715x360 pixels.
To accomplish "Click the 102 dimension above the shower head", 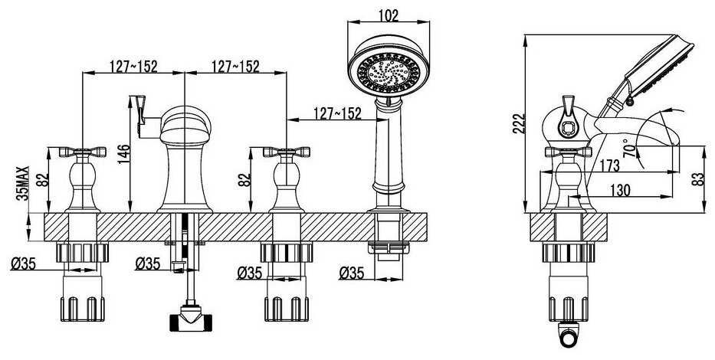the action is (x=389, y=15).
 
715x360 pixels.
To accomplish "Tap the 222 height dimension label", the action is (x=519, y=123).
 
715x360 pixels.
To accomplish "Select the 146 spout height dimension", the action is (x=123, y=155).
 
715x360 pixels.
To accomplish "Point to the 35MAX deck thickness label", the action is (x=23, y=183).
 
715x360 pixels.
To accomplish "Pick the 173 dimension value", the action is (x=609, y=165).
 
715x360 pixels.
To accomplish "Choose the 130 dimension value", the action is (x=620, y=189).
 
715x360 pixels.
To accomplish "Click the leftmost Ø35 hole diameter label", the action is (x=23, y=263).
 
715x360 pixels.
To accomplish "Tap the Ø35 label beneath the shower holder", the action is (x=352, y=273).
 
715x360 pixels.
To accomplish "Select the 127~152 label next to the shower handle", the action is (x=337, y=113).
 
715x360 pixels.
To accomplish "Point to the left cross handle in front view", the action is (x=83, y=152).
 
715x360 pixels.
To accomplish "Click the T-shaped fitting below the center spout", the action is (x=191, y=319).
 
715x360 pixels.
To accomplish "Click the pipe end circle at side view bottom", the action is (x=568, y=338).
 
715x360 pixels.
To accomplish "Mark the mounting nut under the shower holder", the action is (x=389, y=248).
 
